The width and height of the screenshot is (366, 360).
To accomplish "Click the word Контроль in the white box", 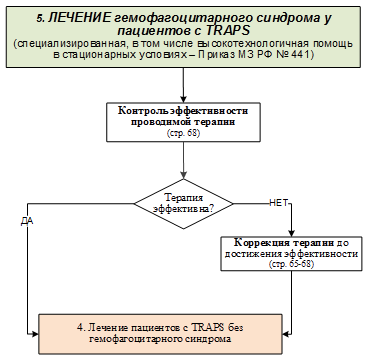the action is coord(139,111).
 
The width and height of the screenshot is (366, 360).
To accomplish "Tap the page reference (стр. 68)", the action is coord(183,133).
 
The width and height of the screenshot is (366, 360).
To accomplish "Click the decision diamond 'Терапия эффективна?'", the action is coord(184,204).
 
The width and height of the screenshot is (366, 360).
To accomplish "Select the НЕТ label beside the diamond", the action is coord(278,204).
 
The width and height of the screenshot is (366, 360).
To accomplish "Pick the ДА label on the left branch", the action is coord(27,222).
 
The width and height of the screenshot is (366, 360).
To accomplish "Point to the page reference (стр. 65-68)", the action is coord(291,264).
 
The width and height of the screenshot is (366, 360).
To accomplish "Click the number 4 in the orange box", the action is coord(80,327).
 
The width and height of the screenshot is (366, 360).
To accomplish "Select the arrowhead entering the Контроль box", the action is coord(183,99).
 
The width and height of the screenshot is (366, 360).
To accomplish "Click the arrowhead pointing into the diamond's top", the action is coord(183,176).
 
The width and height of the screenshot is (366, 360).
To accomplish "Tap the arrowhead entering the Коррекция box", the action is coord(292,233).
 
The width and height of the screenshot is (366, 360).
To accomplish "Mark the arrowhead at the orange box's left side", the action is coord(35,333).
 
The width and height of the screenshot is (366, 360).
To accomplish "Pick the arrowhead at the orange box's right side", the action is coord(286,333).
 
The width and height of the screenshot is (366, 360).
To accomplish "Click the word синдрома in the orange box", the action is coord(212,340).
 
